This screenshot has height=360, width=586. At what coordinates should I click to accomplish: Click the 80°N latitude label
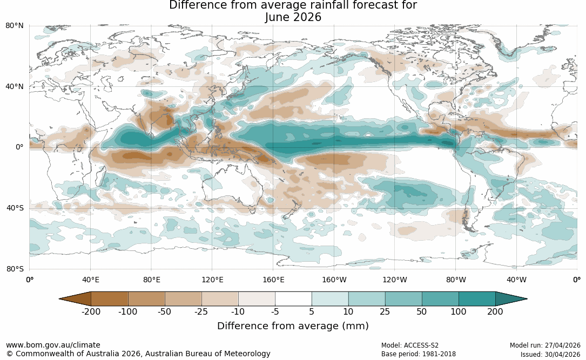[x=15, y=26]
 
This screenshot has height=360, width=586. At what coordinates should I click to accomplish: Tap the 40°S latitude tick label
[x=15, y=208]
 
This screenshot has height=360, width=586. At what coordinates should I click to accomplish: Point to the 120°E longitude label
[x=212, y=280]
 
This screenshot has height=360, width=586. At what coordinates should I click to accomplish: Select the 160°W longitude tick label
[x=334, y=280]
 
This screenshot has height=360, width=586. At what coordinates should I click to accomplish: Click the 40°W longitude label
[x=517, y=280]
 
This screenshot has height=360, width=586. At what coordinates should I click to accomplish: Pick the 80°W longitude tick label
[x=456, y=280]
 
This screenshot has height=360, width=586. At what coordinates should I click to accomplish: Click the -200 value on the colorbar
[x=91, y=311]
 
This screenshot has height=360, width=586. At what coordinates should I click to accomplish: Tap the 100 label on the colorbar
[x=459, y=311]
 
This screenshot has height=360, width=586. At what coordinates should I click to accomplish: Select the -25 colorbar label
[x=201, y=311]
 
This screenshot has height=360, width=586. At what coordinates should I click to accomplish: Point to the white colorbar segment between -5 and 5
[x=293, y=299]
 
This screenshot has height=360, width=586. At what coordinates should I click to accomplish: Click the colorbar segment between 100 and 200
[x=477, y=299]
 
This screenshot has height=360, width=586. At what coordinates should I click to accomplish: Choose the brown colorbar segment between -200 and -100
[x=110, y=299]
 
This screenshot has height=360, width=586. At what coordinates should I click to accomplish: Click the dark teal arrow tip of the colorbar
[x=527, y=299]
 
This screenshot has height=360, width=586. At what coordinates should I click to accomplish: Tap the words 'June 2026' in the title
[x=293, y=17]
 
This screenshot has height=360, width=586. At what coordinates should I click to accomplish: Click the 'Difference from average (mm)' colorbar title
[x=293, y=326]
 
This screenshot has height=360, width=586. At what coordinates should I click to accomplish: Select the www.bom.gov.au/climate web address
[x=53, y=345]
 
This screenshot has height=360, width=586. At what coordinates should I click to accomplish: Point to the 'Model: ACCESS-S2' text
[x=410, y=345]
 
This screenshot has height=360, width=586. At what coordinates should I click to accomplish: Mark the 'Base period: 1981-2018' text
[x=419, y=354]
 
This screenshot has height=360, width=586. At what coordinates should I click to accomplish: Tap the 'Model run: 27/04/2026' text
[x=545, y=345]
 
